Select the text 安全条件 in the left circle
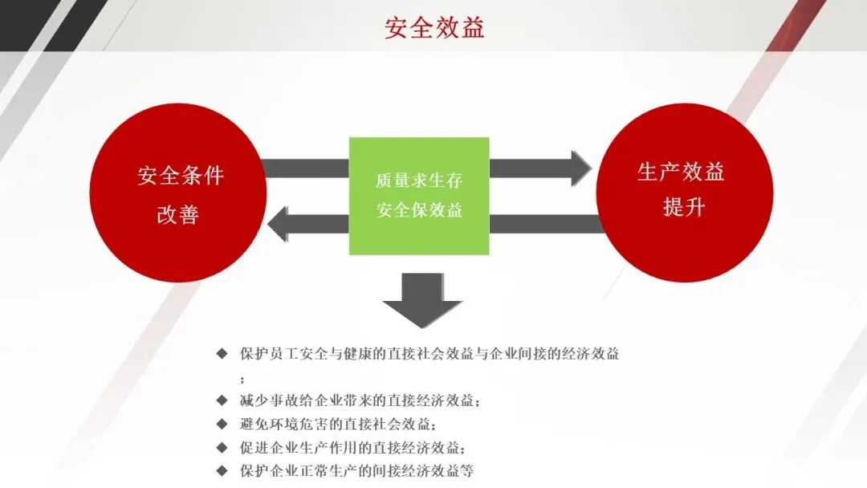[180, 176]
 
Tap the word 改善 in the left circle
[178, 215]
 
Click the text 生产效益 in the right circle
[681, 172]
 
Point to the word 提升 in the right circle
[684, 206]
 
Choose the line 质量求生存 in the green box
[419, 181]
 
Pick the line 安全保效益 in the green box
[419, 211]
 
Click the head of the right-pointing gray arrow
[580, 168]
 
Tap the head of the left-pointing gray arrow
[280, 223]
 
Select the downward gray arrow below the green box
[422, 302]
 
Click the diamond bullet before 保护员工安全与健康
[222, 354]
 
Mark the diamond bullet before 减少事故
[222, 400]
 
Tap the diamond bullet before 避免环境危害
[222, 423]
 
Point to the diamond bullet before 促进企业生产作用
[222, 447]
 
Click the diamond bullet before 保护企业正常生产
[222, 470]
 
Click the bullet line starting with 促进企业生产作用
[352, 447]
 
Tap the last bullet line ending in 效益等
[356, 470]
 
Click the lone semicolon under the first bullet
[242, 378]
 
